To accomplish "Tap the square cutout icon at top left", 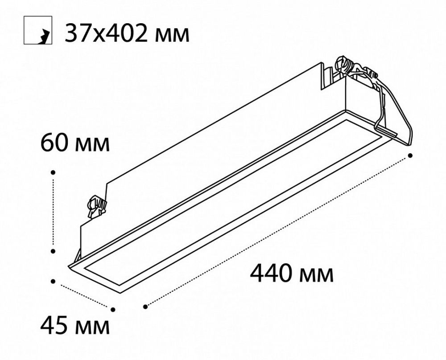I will pyautogui.click(x=37, y=31).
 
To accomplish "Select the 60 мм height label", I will pyautogui.click(x=74, y=143).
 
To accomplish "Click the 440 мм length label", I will pyautogui.click(x=292, y=274).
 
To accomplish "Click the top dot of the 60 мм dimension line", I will pyautogui.click(x=53, y=172).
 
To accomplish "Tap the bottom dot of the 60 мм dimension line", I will pyautogui.click(x=53, y=251).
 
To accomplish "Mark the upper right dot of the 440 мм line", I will pyautogui.click(x=410, y=155).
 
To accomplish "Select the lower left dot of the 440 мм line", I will pyautogui.click(x=145, y=307).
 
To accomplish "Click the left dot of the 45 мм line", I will pyautogui.click(x=54, y=281).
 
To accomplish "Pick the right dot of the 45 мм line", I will pyautogui.click(x=113, y=309).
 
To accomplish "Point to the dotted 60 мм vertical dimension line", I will pyautogui.click(x=53, y=212).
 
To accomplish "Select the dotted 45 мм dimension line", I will pyautogui.click(x=83, y=295).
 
